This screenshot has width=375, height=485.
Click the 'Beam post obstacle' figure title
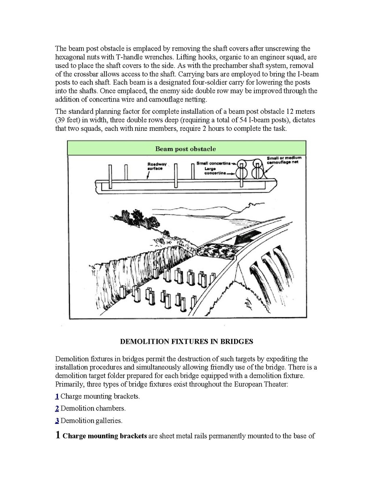point(185,149)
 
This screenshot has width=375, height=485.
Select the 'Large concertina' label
point(215,171)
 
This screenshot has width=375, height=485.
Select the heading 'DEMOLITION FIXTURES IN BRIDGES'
point(187,341)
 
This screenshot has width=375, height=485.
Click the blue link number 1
point(57,396)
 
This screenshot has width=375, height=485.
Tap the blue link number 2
point(57,408)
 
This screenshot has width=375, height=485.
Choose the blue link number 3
point(57,421)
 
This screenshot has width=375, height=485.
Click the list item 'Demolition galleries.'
point(92,421)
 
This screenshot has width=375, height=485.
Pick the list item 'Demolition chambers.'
point(93,408)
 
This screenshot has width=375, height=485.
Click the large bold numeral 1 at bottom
point(58,435)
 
